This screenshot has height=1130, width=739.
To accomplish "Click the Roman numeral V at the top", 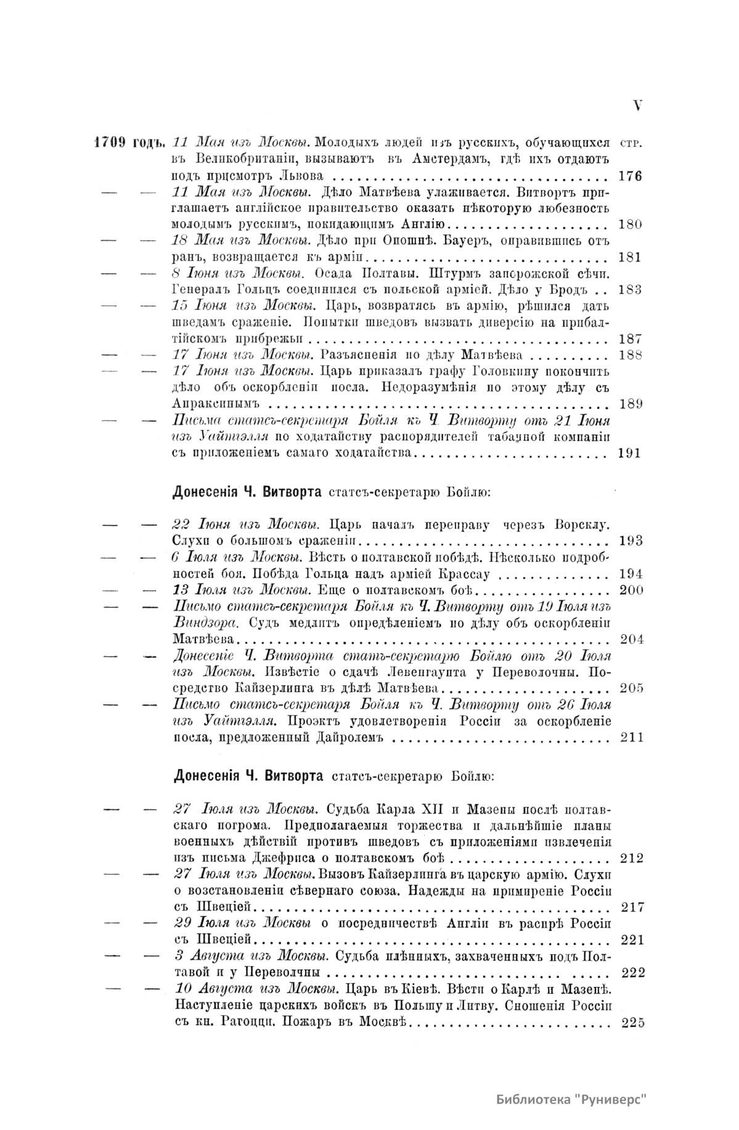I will pyautogui.click(x=637, y=105).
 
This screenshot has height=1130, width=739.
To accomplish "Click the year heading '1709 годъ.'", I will pyautogui.click(x=128, y=142).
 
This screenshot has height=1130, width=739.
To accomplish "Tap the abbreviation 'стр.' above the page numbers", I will pyautogui.click(x=629, y=142).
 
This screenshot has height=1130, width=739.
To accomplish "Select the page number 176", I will pyautogui.click(x=630, y=176).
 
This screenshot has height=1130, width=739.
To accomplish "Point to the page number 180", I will pyautogui.click(x=630, y=224).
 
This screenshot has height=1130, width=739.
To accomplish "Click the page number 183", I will pyautogui.click(x=630, y=289).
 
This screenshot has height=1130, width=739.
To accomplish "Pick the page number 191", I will pyautogui.click(x=630, y=453).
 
